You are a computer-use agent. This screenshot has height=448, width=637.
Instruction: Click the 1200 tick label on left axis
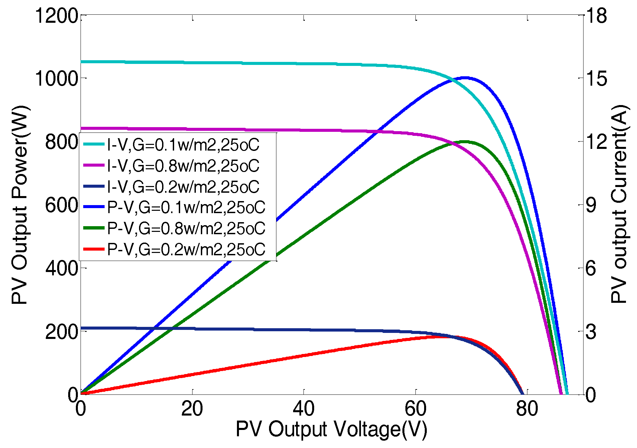pyautogui.click(x=56, y=16)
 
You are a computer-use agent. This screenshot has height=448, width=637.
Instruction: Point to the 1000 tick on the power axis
pyautogui.click(x=56, y=79)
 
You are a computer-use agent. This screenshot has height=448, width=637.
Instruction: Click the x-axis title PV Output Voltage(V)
pyautogui.click(x=331, y=430)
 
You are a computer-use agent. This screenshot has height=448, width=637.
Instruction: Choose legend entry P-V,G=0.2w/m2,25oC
pyautogui.click(x=186, y=250)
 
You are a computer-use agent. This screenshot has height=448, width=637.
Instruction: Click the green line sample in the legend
pyautogui.click(x=94, y=228)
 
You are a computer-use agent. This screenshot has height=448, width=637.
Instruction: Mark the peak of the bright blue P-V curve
pyautogui.click(x=466, y=78)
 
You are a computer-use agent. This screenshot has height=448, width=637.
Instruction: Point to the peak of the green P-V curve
pyautogui.click(x=466, y=142)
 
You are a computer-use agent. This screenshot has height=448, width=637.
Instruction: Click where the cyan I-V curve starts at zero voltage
pyautogui.click(x=81, y=62)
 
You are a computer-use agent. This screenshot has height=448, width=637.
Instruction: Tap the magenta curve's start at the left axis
pyautogui.click(x=81, y=128)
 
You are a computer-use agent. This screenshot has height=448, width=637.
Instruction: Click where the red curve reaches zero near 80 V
pyautogui.click(x=522, y=393)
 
